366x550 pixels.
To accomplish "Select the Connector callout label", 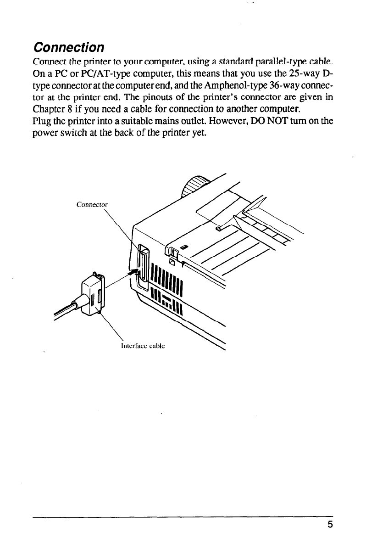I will pos(92,204).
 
